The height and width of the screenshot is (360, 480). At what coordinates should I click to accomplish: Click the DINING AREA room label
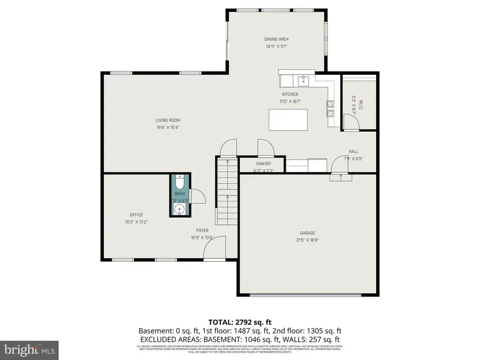coord(277,39)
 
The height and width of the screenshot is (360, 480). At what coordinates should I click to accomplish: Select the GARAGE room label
coord(307,233)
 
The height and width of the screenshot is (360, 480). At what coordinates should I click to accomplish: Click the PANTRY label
coord(263,164)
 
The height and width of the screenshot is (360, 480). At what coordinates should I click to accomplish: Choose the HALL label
coord(353,151)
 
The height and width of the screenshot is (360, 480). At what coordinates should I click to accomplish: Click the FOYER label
coord(202,231)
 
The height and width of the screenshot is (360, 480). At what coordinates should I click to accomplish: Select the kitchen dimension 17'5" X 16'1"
coord(290,101)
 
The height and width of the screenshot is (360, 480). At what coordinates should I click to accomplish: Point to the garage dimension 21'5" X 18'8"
coord(307,240)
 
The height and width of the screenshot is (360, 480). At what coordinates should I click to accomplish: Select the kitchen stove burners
coord(330,108)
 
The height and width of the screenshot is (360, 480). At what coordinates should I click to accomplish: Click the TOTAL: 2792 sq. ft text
coord(239,322)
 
